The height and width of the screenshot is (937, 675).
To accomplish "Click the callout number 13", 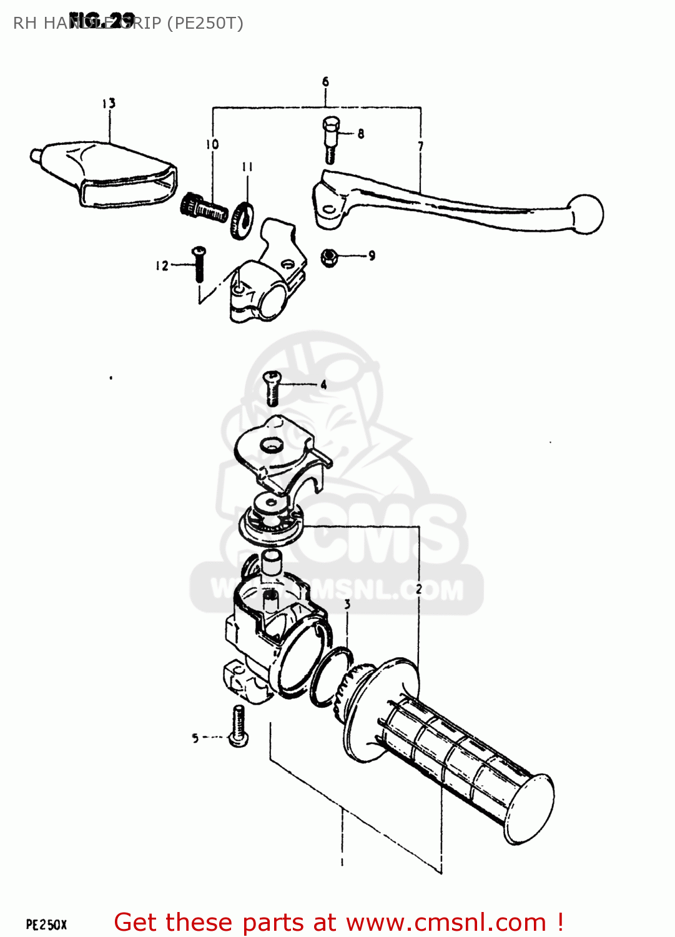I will coord(109,103).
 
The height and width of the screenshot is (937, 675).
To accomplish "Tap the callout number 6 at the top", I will coord(325,82).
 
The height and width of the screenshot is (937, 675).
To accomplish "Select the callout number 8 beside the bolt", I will coord(361,133).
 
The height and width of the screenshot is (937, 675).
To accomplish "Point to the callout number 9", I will coord(372,255).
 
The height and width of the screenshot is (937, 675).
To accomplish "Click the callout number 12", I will coord(162,266).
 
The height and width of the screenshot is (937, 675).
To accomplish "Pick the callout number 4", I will coord(323,385).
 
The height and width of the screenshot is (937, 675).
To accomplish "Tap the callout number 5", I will coord(195,738).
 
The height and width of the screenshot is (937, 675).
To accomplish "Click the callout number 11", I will coord(247,167).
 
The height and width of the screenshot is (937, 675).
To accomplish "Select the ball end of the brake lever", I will coord(586,214).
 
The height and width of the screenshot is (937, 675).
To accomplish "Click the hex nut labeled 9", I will coord(330,256).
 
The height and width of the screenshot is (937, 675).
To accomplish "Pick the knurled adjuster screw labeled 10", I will coord(204,209).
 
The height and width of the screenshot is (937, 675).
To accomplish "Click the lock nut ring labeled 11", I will coord(242,219).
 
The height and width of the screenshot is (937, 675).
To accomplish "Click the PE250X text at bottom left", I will coord(46,925).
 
